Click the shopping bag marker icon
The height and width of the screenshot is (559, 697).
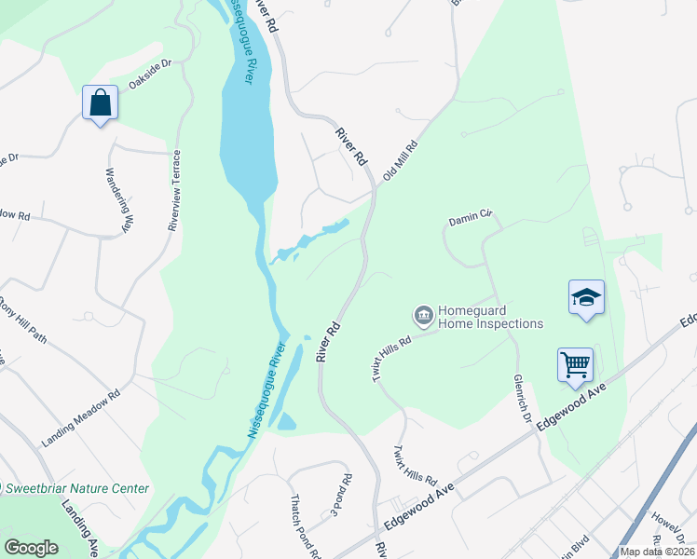tap(100, 102)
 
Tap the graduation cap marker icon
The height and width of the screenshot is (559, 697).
tap(586, 297)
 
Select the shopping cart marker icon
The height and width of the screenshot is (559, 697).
tap(575, 363)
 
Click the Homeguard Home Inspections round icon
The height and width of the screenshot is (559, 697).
tap(424, 316)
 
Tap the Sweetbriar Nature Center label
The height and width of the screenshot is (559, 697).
tap(77, 488)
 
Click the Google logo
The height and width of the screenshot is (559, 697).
tap(31, 548)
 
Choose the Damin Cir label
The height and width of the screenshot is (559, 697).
tap(470, 220)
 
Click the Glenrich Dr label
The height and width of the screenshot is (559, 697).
tap(522, 398)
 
